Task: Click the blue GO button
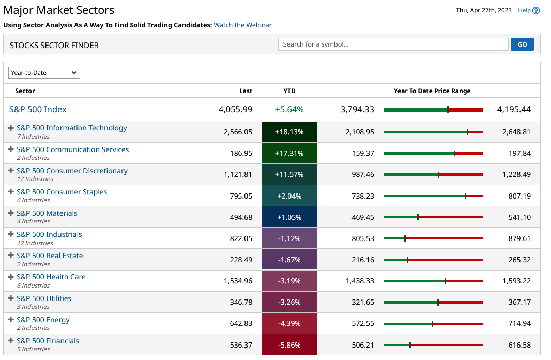[522, 44]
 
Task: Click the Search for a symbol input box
[393, 44]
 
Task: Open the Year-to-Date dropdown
[44, 73]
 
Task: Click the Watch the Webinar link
[242, 25]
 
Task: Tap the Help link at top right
[528, 10]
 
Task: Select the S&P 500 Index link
[38, 109]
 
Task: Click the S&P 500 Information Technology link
[71, 128]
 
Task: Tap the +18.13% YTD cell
[289, 132]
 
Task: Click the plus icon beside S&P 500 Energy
[11, 320]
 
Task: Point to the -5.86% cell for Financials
[289, 345]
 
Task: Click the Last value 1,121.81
[238, 175]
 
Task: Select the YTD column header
[289, 91]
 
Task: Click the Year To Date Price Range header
[432, 91]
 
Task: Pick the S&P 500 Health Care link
[51, 277]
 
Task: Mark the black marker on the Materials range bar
[418, 217]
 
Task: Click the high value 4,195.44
[514, 109]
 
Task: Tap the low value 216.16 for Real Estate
[363, 260]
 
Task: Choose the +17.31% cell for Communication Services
[289, 154]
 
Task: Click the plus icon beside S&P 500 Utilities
[11, 298]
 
